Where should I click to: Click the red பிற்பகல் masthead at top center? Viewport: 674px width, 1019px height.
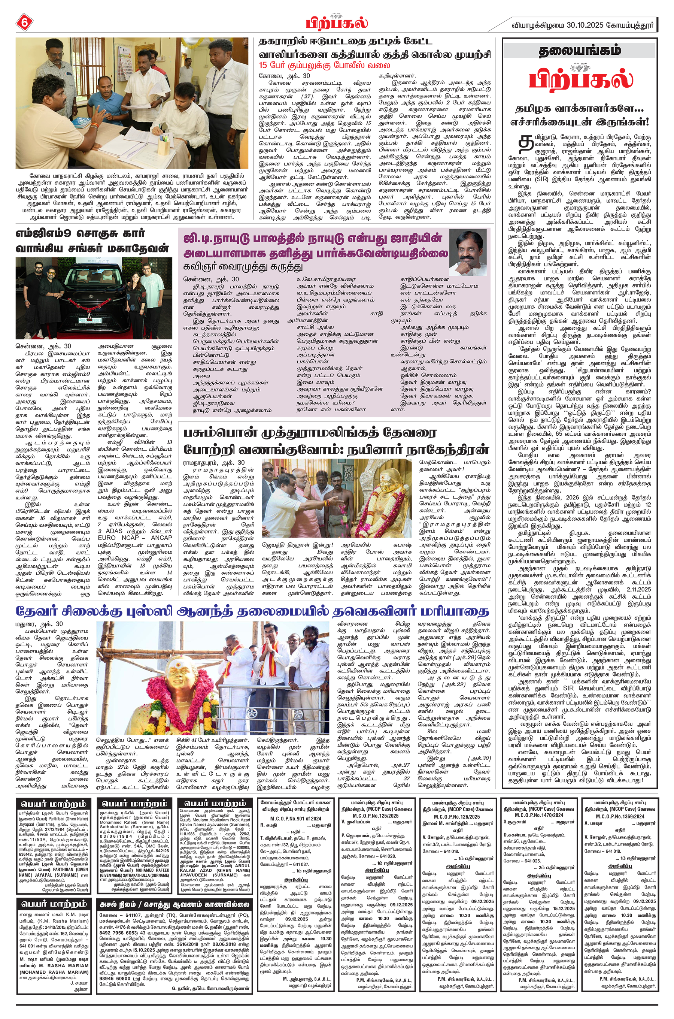coord(337,21)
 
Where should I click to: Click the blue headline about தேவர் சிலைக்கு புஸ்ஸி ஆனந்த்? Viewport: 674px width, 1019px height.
coord(252,611)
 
